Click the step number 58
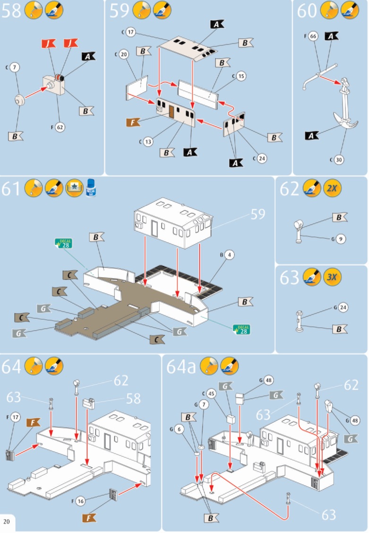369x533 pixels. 11,10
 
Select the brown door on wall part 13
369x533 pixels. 171,112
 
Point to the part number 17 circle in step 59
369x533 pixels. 131,33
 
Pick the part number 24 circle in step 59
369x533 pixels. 262,158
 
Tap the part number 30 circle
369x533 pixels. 339,160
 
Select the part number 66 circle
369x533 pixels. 313,36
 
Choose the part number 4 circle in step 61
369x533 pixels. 230,254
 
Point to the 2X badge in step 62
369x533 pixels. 332,188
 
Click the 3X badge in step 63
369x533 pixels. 332,277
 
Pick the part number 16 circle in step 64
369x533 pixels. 94,501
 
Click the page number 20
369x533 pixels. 7,522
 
